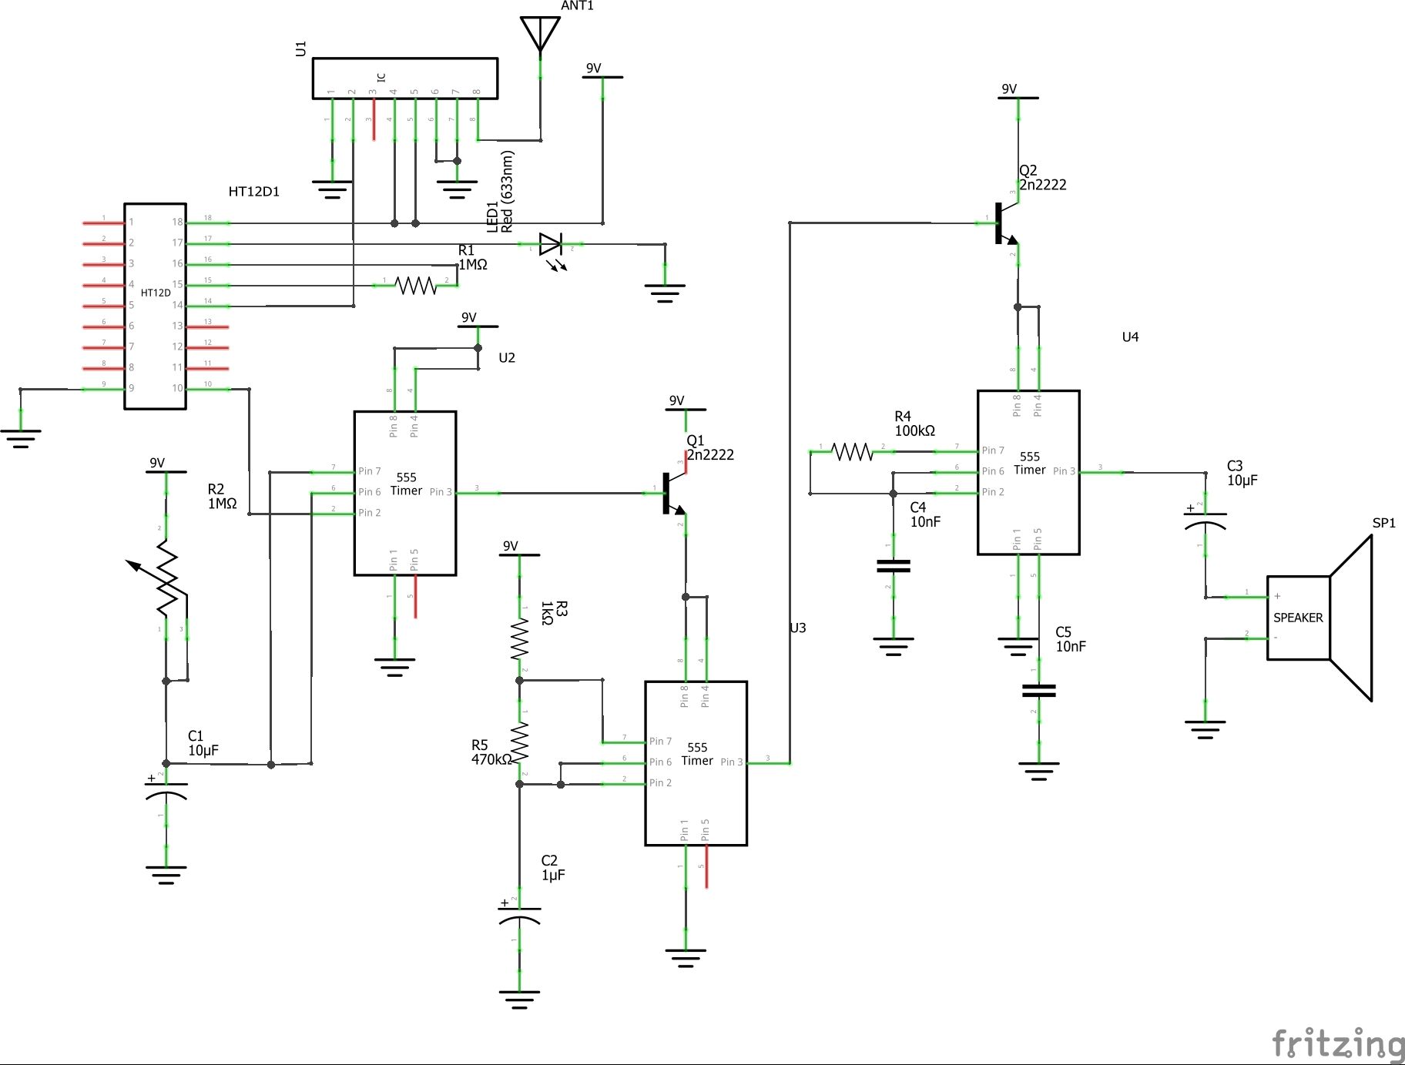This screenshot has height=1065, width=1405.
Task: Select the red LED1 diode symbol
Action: (551, 245)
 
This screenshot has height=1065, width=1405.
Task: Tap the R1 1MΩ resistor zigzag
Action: (415, 286)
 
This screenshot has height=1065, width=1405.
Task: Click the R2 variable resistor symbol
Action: (167, 578)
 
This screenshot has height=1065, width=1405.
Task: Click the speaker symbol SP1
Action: (1319, 618)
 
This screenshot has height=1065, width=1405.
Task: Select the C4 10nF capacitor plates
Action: (894, 566)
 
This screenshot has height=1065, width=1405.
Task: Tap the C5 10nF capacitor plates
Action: (1038, 691)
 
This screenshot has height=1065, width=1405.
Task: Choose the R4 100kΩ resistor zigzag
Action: (852, 451)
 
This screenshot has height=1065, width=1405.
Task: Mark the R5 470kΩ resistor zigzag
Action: (520, 741)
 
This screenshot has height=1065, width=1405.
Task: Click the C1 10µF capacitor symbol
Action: (166, 791)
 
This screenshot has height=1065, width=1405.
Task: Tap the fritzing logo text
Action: (1337, 1043)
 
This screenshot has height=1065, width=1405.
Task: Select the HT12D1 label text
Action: (253, 192)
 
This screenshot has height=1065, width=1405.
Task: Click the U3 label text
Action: (797, 628)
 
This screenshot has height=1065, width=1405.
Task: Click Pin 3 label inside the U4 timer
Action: (1064, 471)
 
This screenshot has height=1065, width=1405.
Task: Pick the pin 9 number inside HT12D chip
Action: (132, 388)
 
